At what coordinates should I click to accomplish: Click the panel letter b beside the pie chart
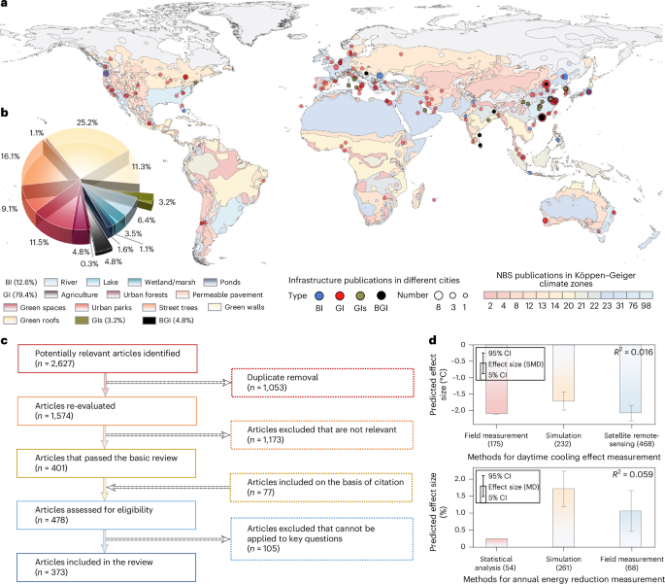point(5,112)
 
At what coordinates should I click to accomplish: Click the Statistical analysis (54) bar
point(506,540)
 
